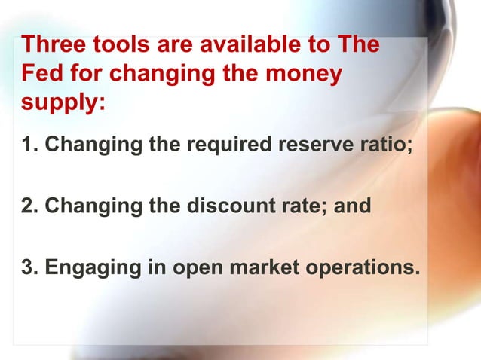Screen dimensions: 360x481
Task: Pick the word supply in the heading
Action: [x=57, y=103]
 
